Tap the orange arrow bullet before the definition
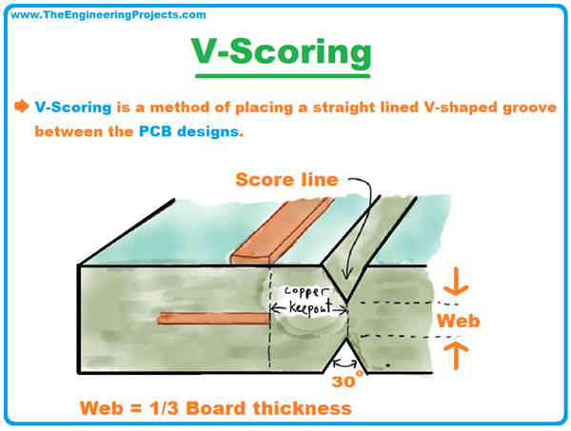[21, 107]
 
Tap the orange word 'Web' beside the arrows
[458, 321]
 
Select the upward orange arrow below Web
[455, 354]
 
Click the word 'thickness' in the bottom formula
[305, 408]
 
